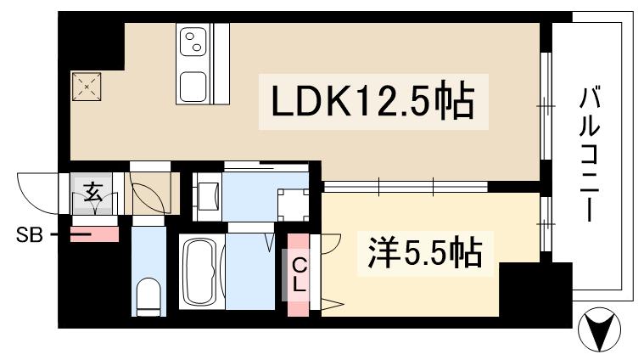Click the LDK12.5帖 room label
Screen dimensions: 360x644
pos(372,103)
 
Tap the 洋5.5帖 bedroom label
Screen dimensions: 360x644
pos(424,252)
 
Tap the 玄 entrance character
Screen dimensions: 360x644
pos(94,193)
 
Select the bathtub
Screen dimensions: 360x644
pos(201,273)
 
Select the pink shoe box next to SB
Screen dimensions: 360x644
pos(92,233)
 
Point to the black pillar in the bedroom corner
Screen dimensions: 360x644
pos(526,289)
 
